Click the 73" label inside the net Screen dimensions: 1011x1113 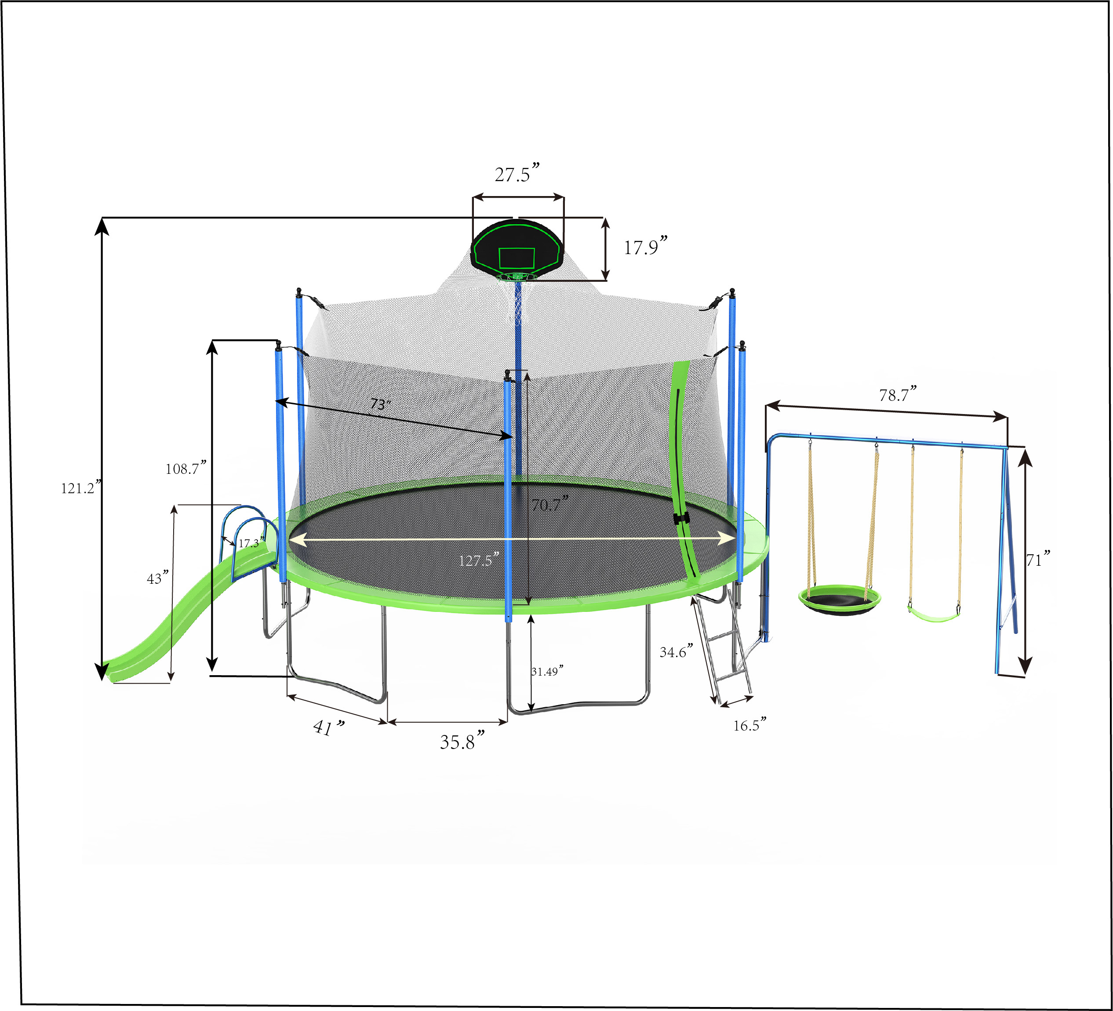[380, 404]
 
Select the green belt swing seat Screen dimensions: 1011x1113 [934, 615]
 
